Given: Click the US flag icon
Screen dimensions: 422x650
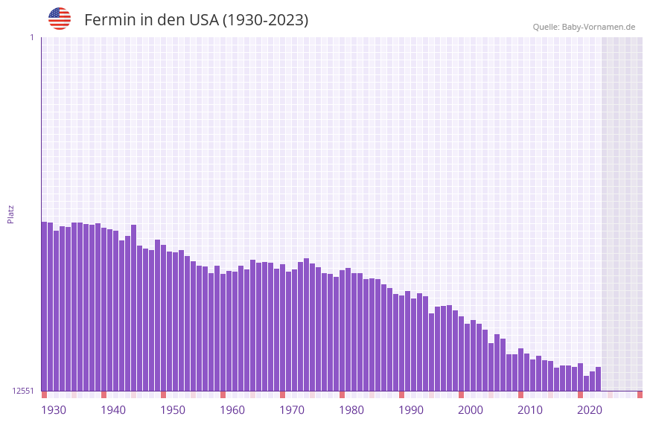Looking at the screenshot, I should pyautogui.click(x=60, y=19).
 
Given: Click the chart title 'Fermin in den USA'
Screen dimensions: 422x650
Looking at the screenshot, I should pyautogui.click(x=196, y=20).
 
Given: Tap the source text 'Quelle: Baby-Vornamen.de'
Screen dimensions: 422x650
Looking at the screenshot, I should pyautogui.click(x=584, y=27).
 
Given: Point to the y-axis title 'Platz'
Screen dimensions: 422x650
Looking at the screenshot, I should pyautogui.click(x=10, y=214).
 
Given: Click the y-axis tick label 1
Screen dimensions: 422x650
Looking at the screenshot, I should pyautogui.click(x=32, y=37).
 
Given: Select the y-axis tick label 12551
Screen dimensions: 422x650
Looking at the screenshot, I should pyautogui.click(x=23, y=391).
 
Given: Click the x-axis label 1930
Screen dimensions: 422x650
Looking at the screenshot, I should pyautogui.click(x=54, y=410).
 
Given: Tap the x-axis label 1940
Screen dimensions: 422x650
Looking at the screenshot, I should pyautogui.click(x=113, y=410).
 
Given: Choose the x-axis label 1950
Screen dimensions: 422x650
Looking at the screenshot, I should pyautogui.click(x=173, y=410).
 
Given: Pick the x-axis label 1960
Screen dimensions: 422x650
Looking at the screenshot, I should pyautogui.click(x=232, y=410).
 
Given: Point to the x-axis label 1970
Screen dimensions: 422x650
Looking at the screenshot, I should pyautogui.click(x=292, y=410).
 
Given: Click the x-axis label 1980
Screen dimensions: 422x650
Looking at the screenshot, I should pyautogui.click(x=351, y=410).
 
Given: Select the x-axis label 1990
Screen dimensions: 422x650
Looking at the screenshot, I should pyautogui.click(x=411, y=410).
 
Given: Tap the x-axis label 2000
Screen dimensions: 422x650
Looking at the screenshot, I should pyautogui.click(x=471, y=410).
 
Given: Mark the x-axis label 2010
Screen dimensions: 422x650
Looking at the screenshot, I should pyautogui.click(x=530, y=410).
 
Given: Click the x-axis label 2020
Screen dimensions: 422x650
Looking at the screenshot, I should pyautogui.click(x=590, y=410).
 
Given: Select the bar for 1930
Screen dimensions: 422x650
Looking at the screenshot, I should pyautogui.click(x=44, y=306).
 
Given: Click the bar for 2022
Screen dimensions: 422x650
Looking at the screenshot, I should pyautogui.click(x=598, y=379).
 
